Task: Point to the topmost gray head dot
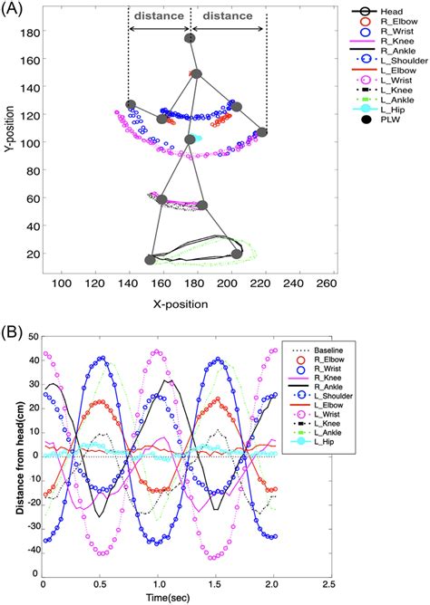[190, 39]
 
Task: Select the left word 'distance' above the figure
[159, 15]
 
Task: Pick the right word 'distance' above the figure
[223, 15]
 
